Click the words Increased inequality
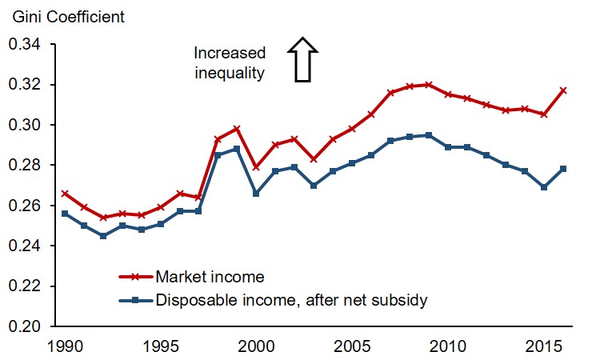point(230,63)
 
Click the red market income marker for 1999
point(237,129)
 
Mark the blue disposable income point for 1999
point(237,149)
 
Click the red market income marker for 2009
point(429,84)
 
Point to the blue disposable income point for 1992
point(103,236)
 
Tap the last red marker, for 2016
point(563,90)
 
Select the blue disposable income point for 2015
point(544,187)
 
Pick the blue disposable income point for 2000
point(256,194)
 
